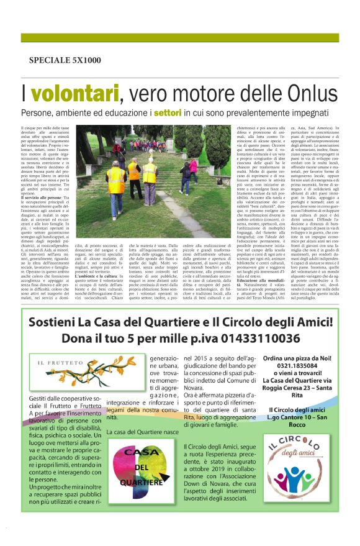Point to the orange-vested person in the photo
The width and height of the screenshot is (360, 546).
tap(133, 172)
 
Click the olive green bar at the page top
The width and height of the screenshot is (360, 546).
tap(179, 37)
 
